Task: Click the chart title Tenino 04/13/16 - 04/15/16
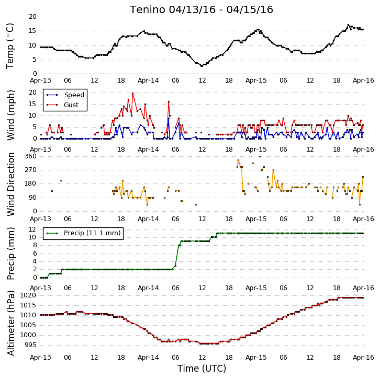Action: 202,10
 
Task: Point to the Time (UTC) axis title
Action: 202,369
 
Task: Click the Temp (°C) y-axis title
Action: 10,46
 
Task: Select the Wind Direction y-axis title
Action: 10,184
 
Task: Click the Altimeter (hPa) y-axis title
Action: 10,323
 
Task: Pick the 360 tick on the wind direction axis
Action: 30,156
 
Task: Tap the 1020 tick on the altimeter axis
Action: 28,295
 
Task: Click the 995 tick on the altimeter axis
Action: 30,345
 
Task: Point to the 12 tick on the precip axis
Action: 32,229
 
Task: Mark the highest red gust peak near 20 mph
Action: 132,93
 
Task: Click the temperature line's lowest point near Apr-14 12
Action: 202,66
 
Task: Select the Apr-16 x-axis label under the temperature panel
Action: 363,81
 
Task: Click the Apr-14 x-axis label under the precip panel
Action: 148,288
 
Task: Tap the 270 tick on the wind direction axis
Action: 30,170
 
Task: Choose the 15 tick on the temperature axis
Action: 32,31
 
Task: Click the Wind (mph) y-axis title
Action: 10,115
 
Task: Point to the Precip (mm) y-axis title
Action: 10,254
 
